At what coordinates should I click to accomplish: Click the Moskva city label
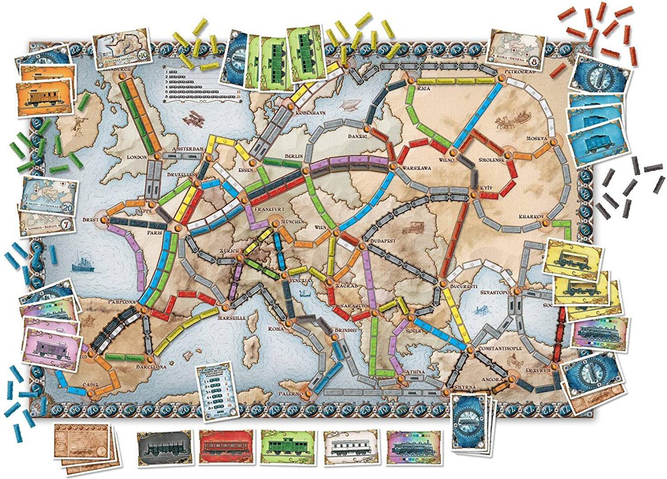[536, 138]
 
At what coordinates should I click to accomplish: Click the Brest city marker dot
[104, 219]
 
